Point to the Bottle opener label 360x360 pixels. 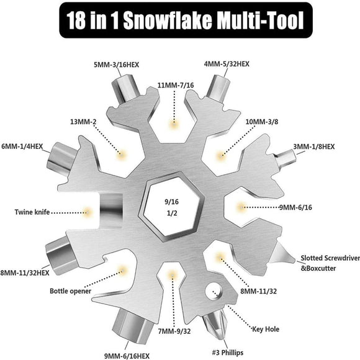point(71,290)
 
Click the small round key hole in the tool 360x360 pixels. point(215,290)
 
